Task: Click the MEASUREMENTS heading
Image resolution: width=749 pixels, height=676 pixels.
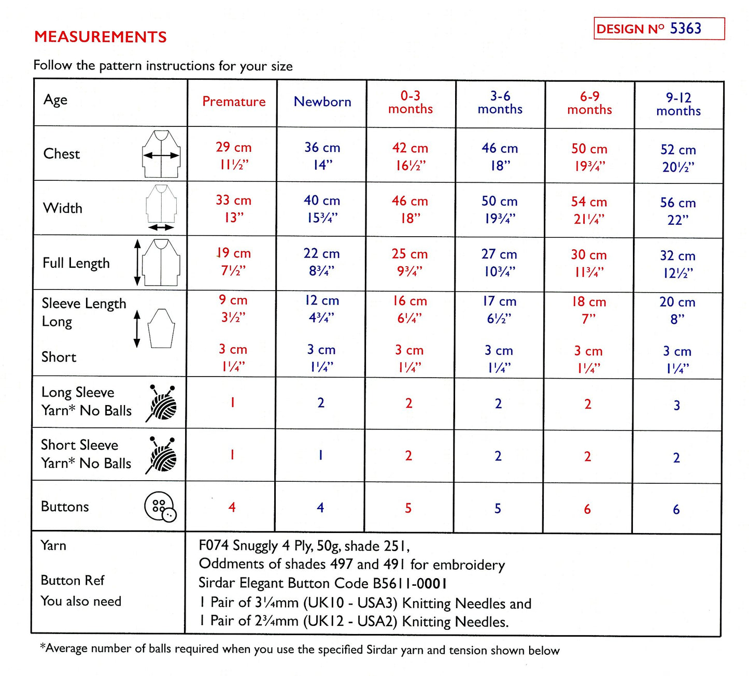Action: coord(100,37)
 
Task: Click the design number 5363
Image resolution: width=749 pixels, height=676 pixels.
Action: coord(685,28)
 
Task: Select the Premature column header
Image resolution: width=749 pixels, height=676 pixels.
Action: coord(234,102)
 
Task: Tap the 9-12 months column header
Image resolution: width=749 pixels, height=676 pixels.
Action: coord(679,104)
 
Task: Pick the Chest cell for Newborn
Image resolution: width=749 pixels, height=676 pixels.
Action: coord(322,156)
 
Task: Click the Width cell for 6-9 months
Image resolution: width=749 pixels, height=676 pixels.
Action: coord(589,210)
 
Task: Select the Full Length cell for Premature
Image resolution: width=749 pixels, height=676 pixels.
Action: coord(233,262)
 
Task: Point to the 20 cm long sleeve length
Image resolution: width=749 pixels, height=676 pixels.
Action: coord(677,302)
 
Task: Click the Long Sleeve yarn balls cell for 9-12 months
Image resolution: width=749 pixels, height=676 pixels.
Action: coord(677,406)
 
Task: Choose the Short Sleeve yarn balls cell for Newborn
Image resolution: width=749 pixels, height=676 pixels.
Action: coord(321,456)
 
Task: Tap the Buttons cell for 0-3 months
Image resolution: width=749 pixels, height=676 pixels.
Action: coord(408,508)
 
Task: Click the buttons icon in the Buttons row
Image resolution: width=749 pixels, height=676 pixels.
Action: coord(160,507)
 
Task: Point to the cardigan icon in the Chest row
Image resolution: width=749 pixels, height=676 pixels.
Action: coord(161,154)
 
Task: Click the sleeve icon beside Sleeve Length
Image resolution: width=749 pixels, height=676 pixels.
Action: coord(161,328)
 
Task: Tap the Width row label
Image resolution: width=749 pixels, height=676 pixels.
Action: coord(63,208)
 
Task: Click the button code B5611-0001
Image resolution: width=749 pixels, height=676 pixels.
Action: coord(409,584)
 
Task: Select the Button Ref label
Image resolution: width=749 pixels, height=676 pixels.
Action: coord(73,580)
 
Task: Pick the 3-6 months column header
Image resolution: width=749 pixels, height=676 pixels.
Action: coord(500,103)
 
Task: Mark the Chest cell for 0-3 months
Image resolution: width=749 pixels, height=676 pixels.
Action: coord(410,156)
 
